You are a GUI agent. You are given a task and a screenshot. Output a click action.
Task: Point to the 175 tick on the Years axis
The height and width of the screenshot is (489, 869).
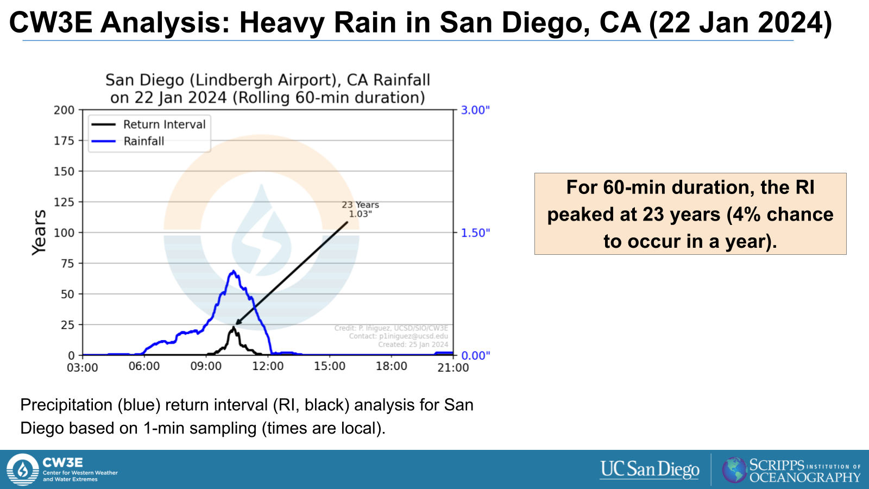tap(64, 141)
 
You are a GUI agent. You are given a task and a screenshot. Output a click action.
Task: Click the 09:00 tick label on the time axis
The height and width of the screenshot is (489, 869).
tap(206, 367)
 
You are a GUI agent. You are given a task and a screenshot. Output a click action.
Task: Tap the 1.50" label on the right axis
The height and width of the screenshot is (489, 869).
tap(476, 233)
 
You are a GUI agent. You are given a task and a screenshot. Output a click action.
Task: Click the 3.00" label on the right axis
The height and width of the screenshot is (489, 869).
tap(476, 110)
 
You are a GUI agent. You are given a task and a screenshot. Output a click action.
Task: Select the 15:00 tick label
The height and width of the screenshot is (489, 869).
tap(330, 367)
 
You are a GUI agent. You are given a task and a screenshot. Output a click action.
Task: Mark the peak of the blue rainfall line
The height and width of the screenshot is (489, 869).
tap(234, 271)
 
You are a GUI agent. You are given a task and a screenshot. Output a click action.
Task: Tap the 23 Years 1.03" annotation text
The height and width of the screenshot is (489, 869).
tap(360, 209)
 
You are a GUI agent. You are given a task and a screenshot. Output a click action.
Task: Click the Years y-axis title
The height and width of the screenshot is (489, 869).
tap(39, 233)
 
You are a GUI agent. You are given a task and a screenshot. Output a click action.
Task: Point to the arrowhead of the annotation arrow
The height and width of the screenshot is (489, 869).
tap(237, 323)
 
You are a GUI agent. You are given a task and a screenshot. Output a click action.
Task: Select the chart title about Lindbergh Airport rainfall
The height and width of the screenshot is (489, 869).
tap(268, 89)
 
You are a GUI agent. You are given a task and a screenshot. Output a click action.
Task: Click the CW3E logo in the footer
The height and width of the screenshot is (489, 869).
tap(23, 469)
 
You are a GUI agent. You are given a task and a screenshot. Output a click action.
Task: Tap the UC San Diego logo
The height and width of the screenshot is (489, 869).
tap(650, 469)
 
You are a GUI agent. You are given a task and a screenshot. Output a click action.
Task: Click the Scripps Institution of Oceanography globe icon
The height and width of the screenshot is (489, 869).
tap(734, 470)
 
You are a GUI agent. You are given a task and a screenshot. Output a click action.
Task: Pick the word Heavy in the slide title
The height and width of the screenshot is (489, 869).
tap(282, 23)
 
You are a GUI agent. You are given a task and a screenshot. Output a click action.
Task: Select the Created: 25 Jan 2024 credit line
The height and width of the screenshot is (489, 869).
tap(413, 344)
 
